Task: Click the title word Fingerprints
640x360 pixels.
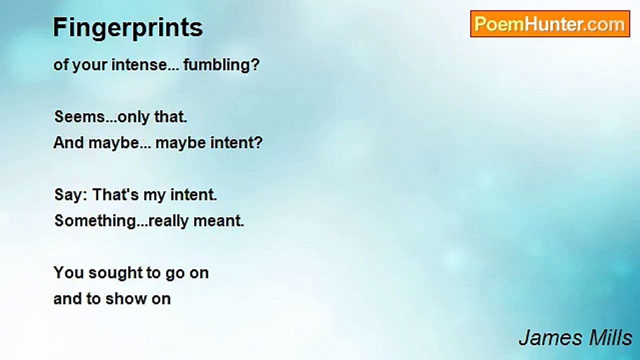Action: (127, 28)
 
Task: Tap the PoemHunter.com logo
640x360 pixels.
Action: (550, 24)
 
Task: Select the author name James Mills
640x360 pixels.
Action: (575, 338)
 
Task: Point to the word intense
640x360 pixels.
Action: (139, 65)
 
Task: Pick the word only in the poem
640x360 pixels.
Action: (133, 117)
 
